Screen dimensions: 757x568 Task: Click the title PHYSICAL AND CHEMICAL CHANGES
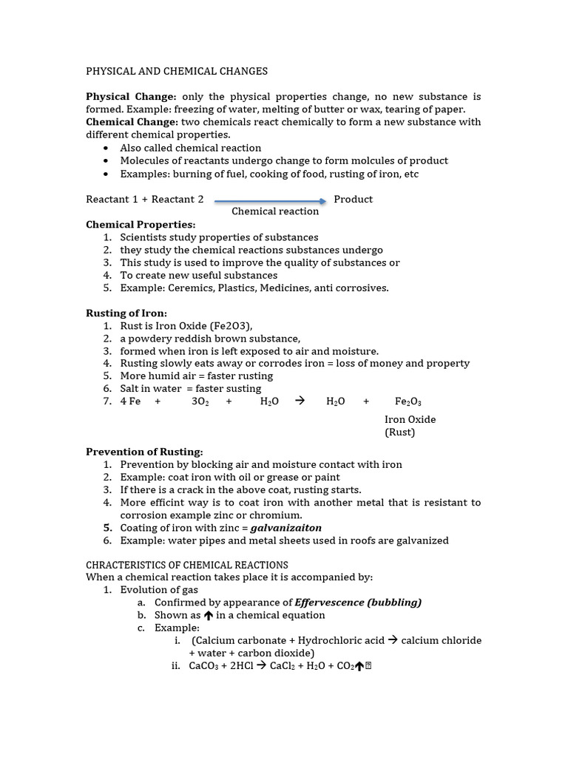pyautogui.click(x=177, y=72)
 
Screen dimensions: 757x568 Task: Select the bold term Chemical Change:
pyautogui.click(x=132, y=122)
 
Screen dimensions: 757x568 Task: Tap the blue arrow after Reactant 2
pyautogui.click(x=270, y=200)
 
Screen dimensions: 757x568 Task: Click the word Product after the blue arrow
pyautogui.click(x=353, y=200)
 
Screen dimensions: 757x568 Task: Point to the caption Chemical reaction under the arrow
pyautogui.click(x=275, y=211)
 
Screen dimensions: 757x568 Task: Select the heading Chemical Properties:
pyautogui.click(x=141, y=225)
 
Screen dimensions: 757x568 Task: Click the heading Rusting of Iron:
pyautogui.click(x=126, y=313)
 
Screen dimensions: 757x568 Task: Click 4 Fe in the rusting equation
pyautogui.click(x=130, y=401)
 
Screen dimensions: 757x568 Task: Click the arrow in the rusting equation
pyautogui.click(x=300, y=401)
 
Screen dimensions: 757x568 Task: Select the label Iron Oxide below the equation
pyautogui.click(x=410, y=420)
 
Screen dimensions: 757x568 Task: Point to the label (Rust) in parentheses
pyautogui.click(x=399, y=432)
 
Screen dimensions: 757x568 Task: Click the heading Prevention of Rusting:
pyautogui.click(x=144, y=452)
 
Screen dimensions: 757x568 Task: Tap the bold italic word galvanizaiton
pyautogui.click(x=286, y=528)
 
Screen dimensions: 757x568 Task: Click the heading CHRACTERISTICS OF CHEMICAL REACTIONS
pyautogui.click(x=187, y=565)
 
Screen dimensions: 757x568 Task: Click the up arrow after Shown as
pyautogui.click(x=209, y=615)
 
